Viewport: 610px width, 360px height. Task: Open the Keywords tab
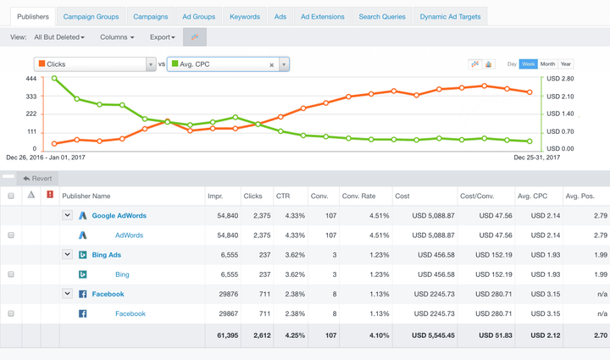coord(245,16)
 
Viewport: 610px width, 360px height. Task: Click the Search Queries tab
coord(382,16)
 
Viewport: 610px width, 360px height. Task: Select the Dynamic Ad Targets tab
coord(450,16)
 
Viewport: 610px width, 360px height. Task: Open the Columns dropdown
coord(117,37)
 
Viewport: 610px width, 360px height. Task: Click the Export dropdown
coord(163,37)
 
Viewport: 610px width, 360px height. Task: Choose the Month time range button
coord(548,64)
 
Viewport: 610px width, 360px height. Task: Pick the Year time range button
coord(566,64)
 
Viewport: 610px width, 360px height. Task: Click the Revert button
coord(38,178)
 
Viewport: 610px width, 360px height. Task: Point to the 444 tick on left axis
coord(30,79)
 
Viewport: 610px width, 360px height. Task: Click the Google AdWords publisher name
coord(119,216)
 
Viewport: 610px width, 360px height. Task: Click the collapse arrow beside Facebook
coord(68,294)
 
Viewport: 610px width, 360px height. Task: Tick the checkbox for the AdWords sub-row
coord(11,235)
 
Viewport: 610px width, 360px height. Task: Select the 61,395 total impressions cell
coord(223,335)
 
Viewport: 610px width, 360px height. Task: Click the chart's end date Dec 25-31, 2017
coord(537,157)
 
